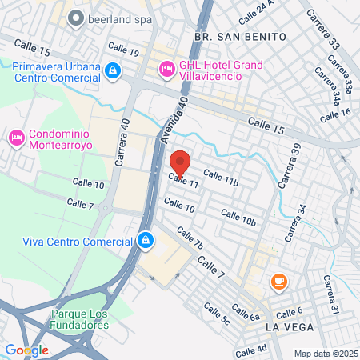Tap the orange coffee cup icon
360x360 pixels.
point(278,280)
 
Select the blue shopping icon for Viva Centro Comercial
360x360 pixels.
point(145,239)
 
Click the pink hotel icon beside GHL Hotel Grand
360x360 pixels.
point(167,70)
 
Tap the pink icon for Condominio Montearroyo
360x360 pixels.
point(16,138)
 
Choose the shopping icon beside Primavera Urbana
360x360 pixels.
point(114,70)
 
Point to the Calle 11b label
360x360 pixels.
point(221,178)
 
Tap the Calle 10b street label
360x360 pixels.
point(238,217)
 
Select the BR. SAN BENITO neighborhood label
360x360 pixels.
point(226,36)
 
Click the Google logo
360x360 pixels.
point(26,350)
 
